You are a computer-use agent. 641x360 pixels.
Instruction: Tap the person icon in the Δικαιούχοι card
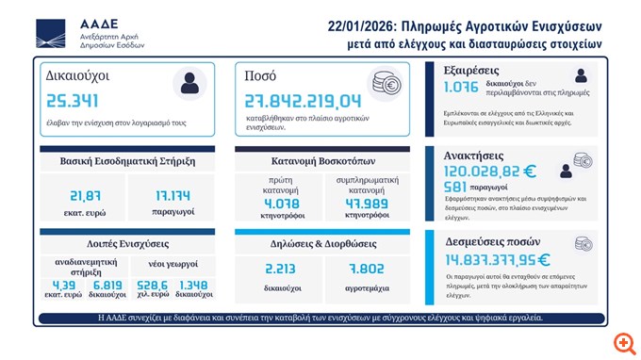coord(190,82)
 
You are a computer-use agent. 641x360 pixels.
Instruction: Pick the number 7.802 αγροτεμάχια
coord(367,268)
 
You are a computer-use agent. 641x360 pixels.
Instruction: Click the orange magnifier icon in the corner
coord(623,342)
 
